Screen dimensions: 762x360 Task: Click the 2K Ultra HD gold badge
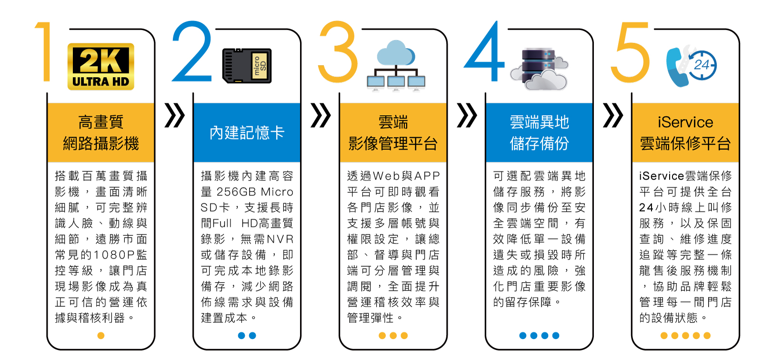click(x=100, y=67)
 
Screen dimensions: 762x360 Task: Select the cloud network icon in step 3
click(x=396, y=66)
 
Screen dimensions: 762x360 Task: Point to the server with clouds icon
click(x=539, y=69)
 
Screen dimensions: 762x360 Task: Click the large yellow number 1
click(x=44, y=52)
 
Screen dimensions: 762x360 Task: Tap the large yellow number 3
click(x=338, y=52)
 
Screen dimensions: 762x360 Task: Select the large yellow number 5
click(x=630, y=52)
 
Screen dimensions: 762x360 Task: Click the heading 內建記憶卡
click(x=247, y=133)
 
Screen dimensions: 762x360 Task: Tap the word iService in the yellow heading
click(x=685, y=122)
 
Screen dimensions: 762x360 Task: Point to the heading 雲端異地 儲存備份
click(x=539, y=133)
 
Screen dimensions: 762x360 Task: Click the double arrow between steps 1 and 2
click(x=174, y=115)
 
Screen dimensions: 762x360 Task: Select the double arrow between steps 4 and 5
click(x=612, y=115)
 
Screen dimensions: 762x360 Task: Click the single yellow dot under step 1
click(x=100, y=336)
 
